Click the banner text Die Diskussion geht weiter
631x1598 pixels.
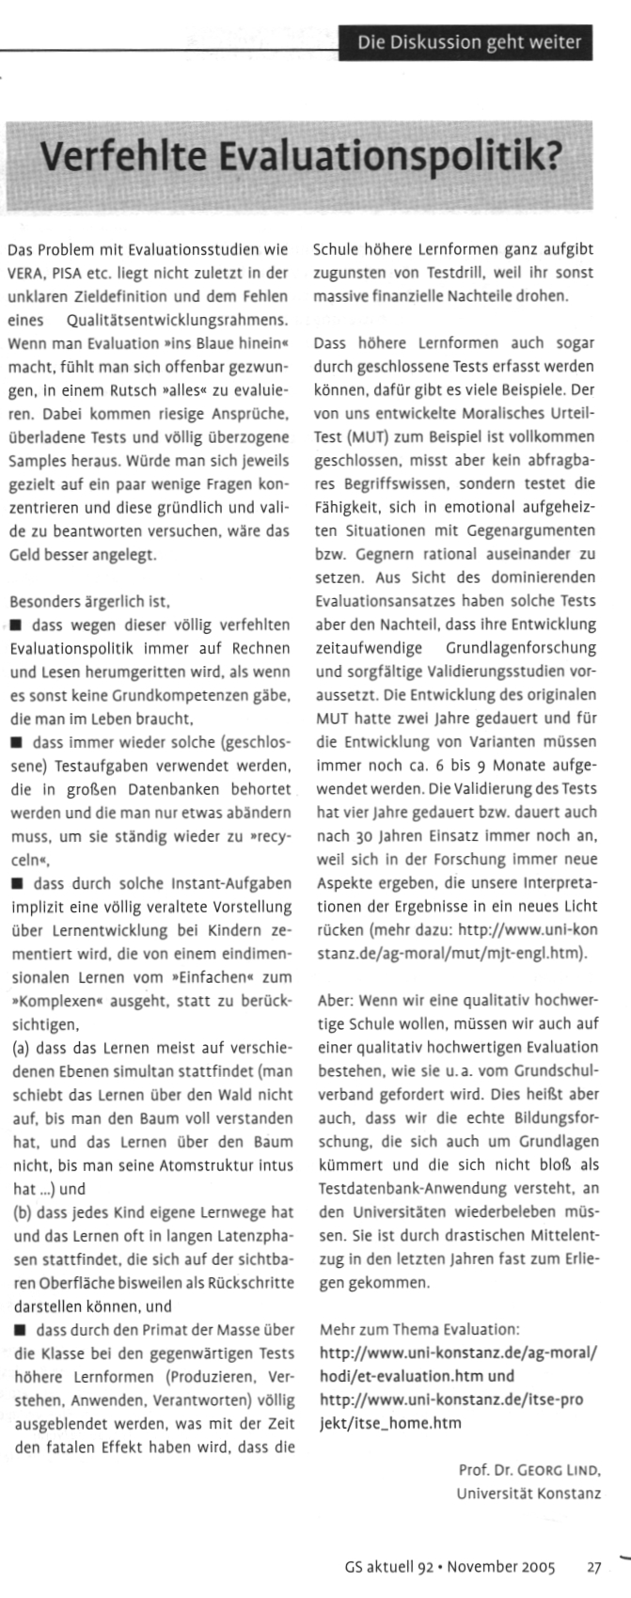468,42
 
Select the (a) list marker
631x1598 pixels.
18,1051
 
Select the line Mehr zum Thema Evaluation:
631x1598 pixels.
418,1329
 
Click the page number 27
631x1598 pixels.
593,1567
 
